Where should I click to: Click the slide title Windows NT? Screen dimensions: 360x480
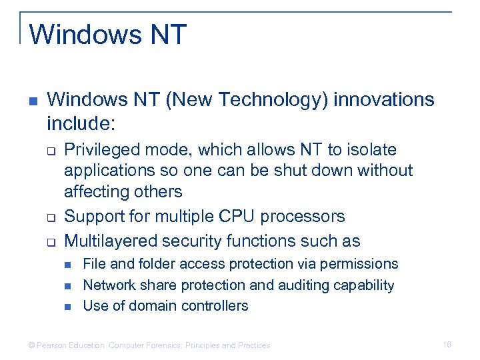(x=108, y=34)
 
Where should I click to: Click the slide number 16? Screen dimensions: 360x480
(x=447, y=345)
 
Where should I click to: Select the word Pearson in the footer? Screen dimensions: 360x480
(x=54, y=345)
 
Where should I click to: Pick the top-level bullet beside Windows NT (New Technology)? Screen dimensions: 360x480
(x=33, y=101)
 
